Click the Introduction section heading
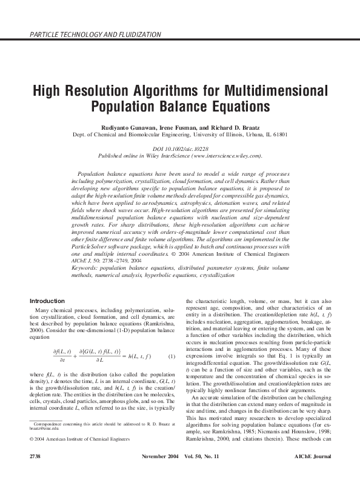tap(47, 301)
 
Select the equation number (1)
tap(172, 356)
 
